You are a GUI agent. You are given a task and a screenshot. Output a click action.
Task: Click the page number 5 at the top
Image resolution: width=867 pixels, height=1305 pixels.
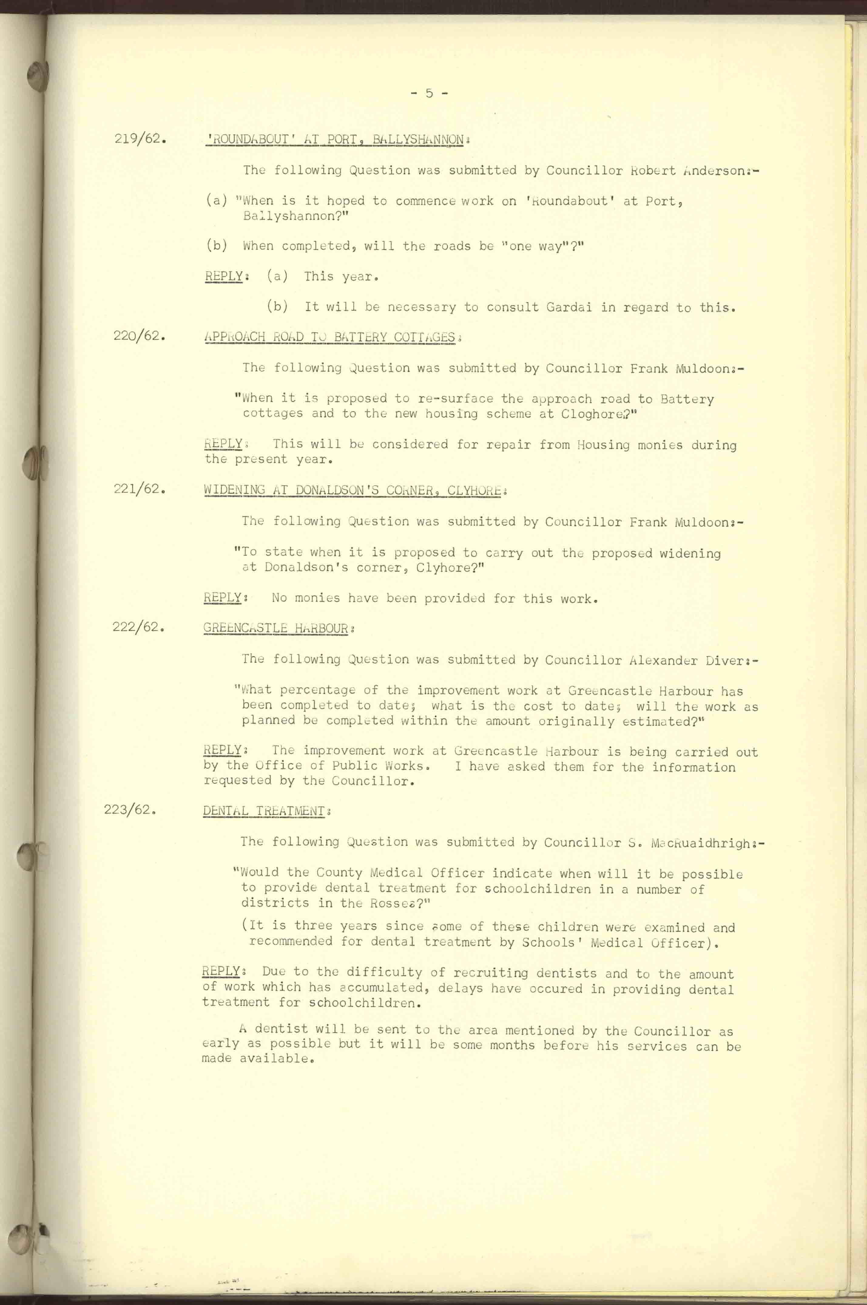429,93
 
